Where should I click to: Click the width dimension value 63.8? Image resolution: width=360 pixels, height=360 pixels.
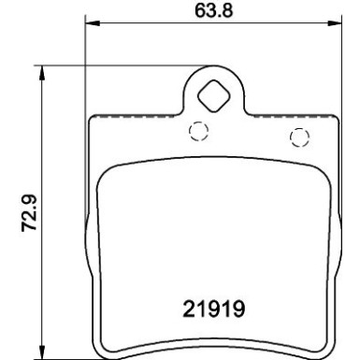(x=209, y=13)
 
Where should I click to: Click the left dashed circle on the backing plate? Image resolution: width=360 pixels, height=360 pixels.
(x=197, y=132)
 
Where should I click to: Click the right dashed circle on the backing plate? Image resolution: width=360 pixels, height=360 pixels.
(x=298, y=139)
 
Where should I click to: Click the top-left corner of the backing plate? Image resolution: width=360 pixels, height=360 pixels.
(x=90, y=117)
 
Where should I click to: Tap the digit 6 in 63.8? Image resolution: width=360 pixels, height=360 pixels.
(x=194, y=13)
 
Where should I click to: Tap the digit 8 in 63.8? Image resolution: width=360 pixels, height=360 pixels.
(x=223, y=13)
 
